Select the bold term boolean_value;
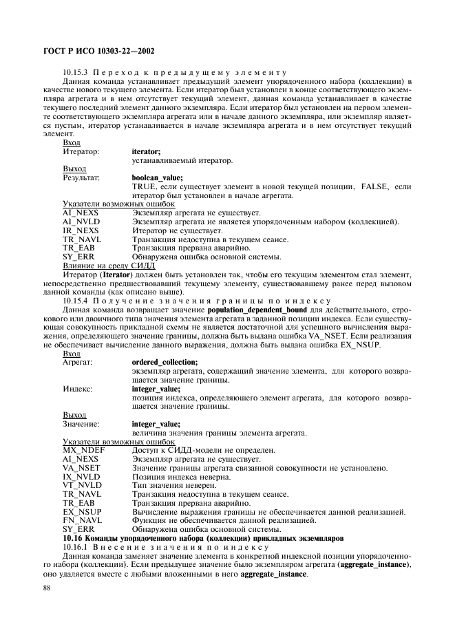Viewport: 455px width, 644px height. [157, 178]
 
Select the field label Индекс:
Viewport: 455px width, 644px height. [78, 388]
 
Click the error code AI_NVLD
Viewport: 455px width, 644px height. [81, 222]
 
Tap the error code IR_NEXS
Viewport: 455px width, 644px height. [81, 230]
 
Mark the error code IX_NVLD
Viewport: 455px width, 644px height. [81, 476]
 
